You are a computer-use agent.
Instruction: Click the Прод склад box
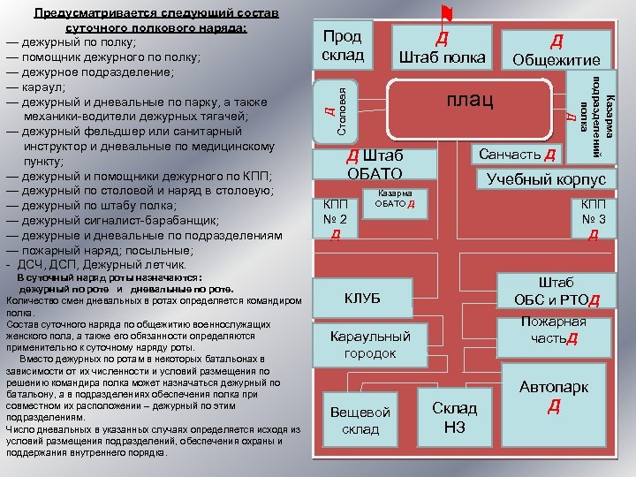coord(343,46)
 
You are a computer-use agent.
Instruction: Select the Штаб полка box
coord(443,49)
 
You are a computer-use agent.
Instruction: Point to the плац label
coord(469,98)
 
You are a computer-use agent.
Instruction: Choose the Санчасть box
coord(517,154)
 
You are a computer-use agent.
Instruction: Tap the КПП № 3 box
coord(593,218)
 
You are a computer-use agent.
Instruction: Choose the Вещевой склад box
coord(360,420)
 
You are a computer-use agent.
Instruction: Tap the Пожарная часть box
coord(554,330)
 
